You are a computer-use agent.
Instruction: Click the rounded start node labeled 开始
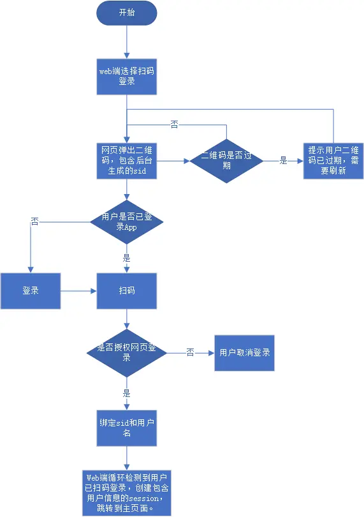pos(126,13)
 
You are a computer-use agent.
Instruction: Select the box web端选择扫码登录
pos(126,77)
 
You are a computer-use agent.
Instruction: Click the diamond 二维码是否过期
pos(226,161)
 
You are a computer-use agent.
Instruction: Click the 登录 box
pos(31,291)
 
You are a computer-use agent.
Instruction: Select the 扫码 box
pos(126,291)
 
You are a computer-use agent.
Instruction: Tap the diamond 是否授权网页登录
pos(127,352)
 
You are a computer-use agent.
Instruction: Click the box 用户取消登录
pos(244,352)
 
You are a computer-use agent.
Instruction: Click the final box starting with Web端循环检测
pos(126,493)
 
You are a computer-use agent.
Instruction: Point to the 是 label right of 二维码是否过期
pos(284,161)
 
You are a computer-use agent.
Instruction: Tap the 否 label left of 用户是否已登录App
pos(35,221)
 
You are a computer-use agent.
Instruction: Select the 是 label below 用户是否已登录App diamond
pos(126,258)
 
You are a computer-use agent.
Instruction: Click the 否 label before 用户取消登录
pos(190,352)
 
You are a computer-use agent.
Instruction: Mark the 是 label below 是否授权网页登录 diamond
pos(126,393)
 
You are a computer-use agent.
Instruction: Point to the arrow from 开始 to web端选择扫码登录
pos(126,41)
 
